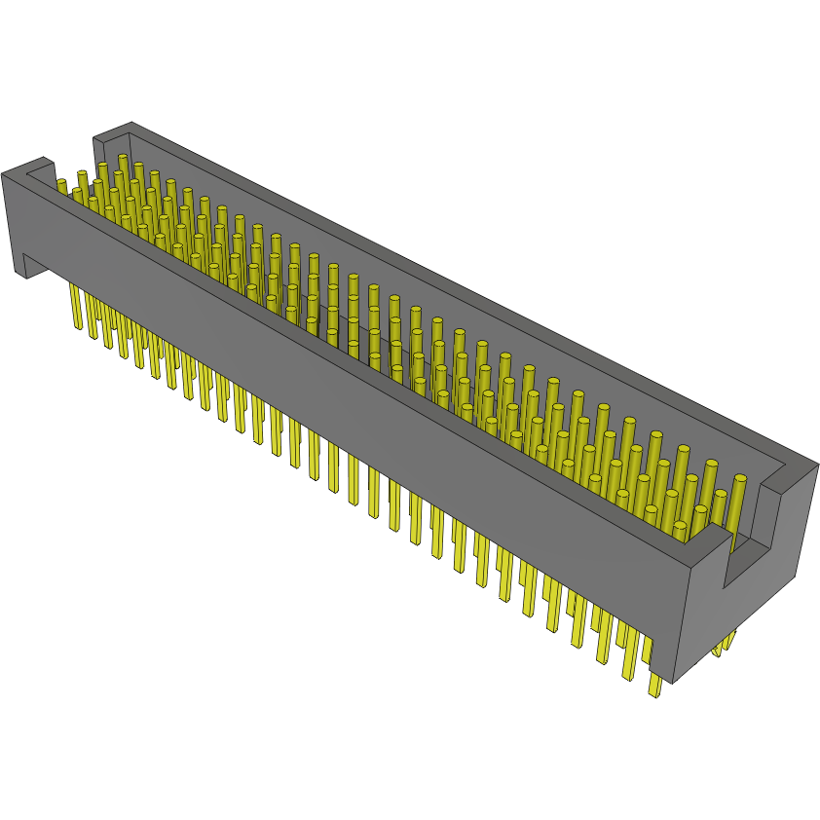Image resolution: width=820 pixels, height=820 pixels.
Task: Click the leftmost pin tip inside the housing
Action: click(61, 183)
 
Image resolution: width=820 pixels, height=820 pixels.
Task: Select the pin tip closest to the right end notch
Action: click(739, 479)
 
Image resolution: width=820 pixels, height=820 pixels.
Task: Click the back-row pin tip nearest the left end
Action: click(123, 157)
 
